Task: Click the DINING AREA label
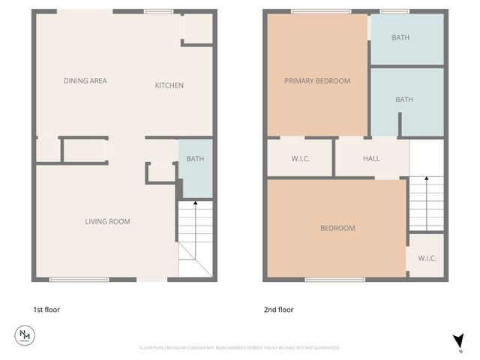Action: point(85,81)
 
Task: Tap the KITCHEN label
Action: point(169,85)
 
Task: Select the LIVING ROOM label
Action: point(107,221)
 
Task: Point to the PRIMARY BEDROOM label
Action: point(316,81)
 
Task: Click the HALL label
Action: point(371,159)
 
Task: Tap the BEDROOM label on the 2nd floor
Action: point(337,228)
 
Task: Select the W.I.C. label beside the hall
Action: point(300,159)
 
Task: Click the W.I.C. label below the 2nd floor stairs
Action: point(427,258)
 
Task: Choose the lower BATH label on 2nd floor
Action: point(404,100)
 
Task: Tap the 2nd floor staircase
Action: point(426,202)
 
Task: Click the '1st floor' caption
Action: point(46,309)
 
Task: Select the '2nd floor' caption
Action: point(278,309)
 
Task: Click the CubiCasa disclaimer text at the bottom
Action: point(240,348)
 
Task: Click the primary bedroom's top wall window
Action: point(319,11)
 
